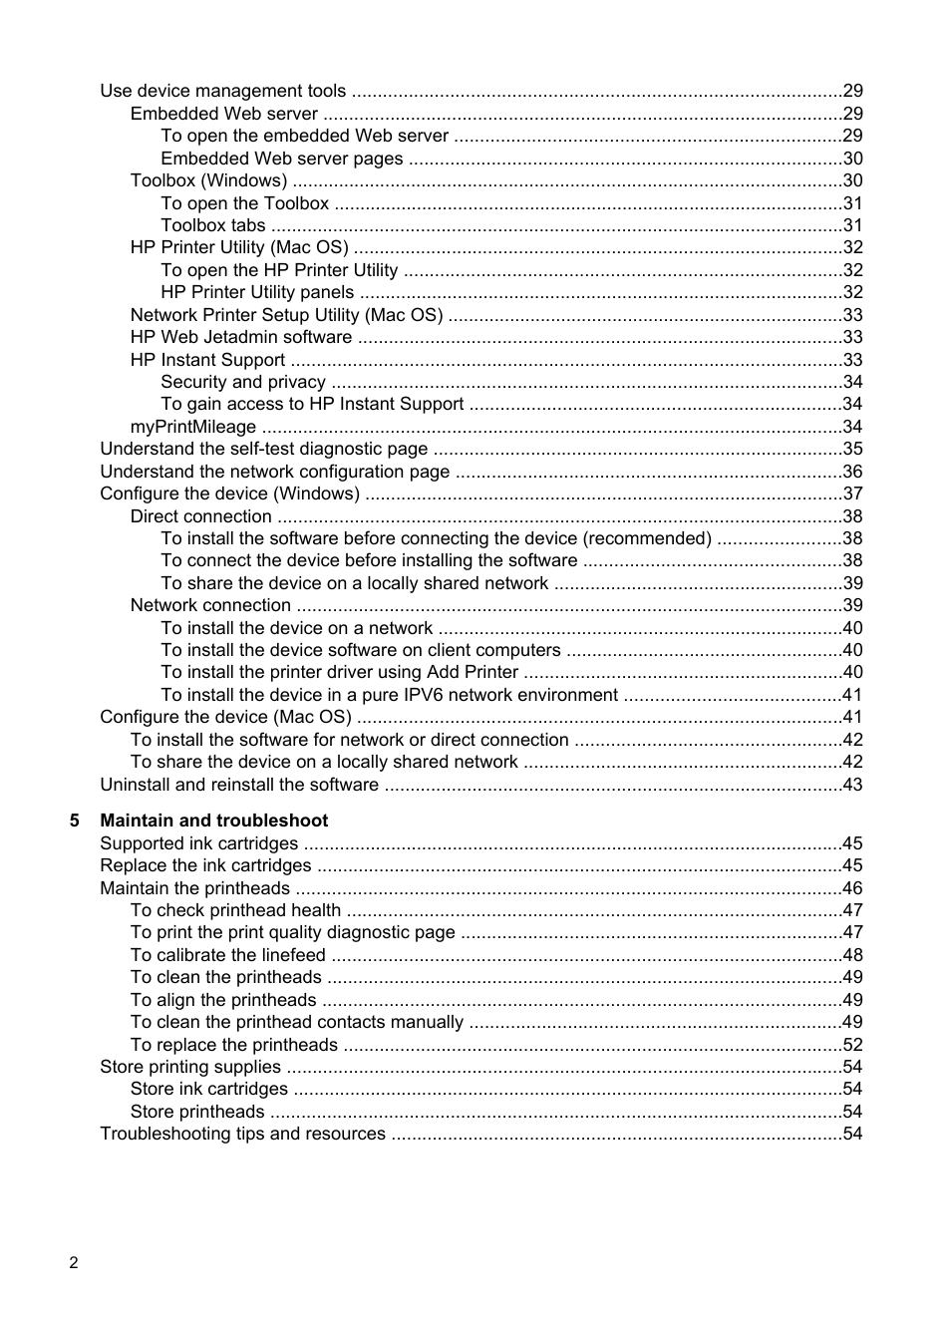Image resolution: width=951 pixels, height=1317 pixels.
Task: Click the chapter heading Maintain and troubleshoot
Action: pyautogui.click(x=213, y=821)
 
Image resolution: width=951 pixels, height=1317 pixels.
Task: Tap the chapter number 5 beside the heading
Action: pyautogui.click(x=75, y=821)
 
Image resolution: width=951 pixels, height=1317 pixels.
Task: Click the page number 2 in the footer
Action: pyautogui.click(x=74, y=1263)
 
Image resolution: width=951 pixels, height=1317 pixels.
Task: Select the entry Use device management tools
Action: pyautogui.click(x=222, y=91)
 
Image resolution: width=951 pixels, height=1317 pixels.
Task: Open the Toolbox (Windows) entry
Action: pyautogui.click(x=208, y=180)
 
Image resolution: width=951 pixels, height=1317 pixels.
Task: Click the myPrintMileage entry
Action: pyautogui.click(x=193, y=427)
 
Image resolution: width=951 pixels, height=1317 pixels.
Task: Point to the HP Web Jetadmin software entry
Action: pyautogui.click(x=241, y=337)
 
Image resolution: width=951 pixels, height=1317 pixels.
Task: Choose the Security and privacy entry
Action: pyautogui.click(x=243, y=382)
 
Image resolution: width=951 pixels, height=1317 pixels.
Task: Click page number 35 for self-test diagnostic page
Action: pyautogui.click(x=852, y=449)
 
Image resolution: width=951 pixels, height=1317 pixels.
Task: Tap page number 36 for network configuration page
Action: pyautogui.click(x=852, y=472)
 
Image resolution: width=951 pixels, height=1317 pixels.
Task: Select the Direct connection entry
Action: pyautogui.click(x=200, y=516)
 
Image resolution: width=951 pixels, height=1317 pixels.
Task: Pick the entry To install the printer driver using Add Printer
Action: pyautogui.click(x=339, y=672)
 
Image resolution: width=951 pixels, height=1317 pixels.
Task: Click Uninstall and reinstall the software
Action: pyautogui.click(x=239, y=785)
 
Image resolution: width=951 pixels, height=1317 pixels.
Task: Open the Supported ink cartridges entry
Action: pyautogui.click(x=198, y=843)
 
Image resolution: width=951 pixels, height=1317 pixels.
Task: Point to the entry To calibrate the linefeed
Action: pyautogui.click(x=227, y=955)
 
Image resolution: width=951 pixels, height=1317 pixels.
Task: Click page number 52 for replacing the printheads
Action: pyautogui.click(x=852, y=1045)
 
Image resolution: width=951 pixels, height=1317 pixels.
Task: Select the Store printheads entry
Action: pyautogui.click(x=197, y=1112)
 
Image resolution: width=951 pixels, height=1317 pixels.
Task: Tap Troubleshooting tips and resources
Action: pyautogui.click(x=242, y=1134)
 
